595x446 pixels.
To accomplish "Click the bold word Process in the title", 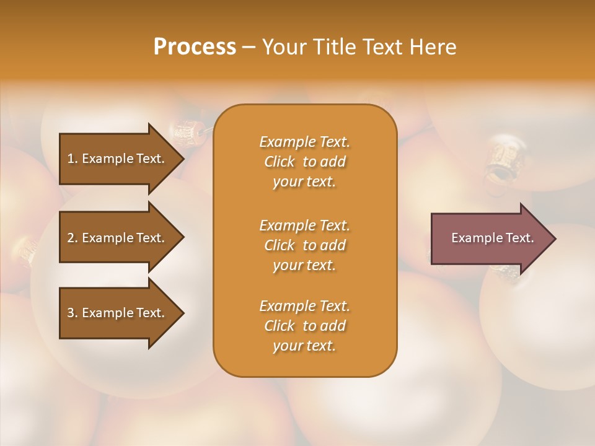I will coord(195,47).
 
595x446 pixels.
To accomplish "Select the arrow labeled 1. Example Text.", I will coord(118,159).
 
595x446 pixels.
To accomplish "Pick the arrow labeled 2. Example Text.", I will coord(118,238).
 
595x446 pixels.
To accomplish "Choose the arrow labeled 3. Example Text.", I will coord(118,313).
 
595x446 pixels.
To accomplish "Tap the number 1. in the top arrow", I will coord(73,159).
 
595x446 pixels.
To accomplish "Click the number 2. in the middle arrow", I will coord(73,238).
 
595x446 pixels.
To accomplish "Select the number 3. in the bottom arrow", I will coord(73,313).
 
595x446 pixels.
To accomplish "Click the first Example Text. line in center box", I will coord(304,142).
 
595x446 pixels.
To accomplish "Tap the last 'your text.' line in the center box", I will coord(304,346).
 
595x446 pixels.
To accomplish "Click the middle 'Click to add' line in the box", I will coord(304,245).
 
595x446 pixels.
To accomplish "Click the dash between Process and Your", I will coord(249,47).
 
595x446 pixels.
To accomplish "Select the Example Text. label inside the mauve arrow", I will coord(492,238).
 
